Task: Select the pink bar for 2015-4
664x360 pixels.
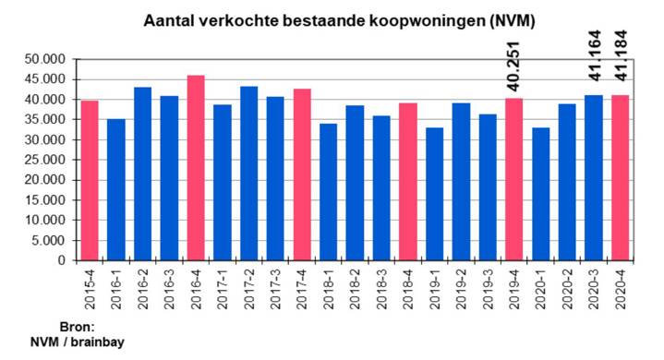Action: point(90,181)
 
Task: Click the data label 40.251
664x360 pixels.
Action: point(514,65)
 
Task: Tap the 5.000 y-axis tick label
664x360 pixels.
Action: point(48,240)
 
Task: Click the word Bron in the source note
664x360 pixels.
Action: point(78,328)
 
